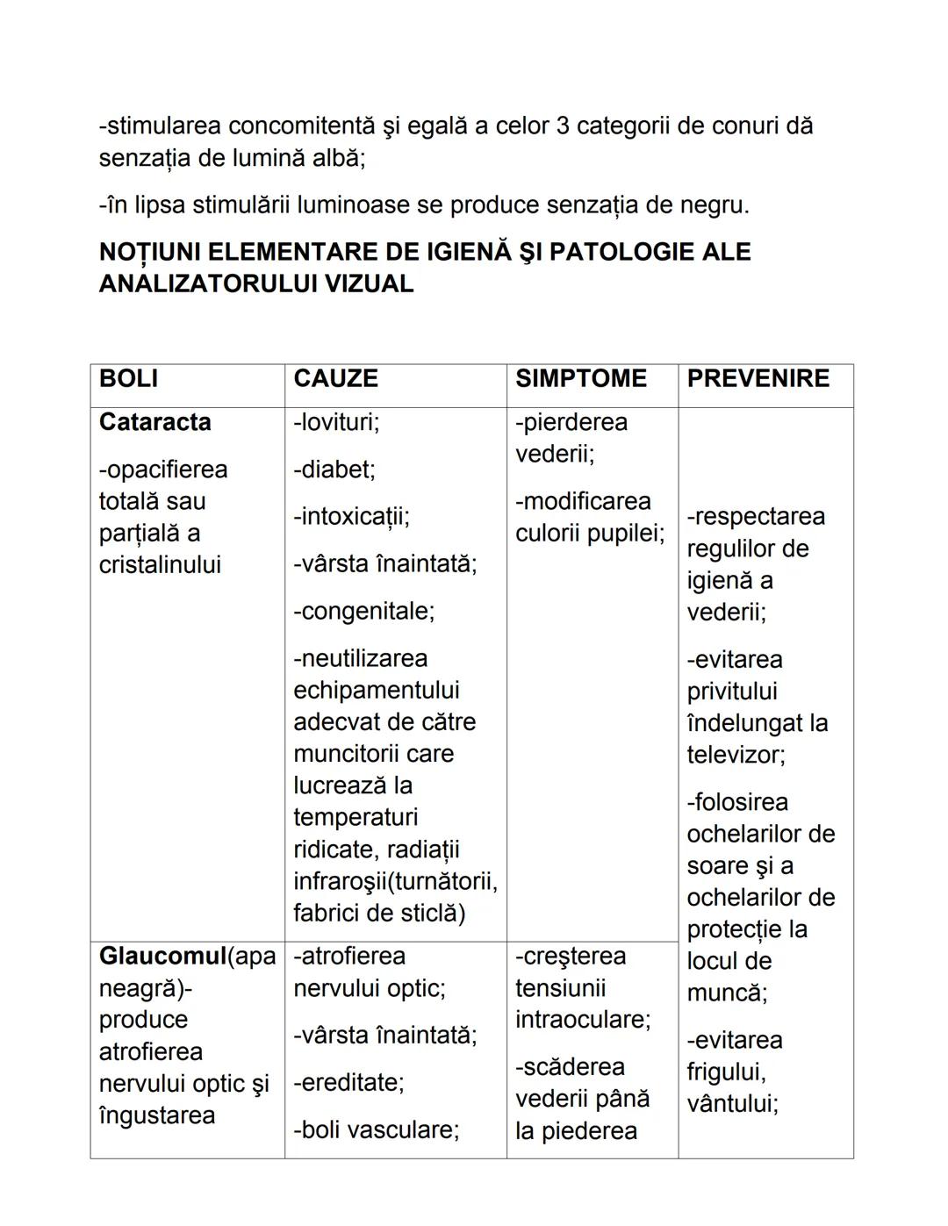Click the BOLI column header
tap(128, 378)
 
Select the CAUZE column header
tap(335, 378)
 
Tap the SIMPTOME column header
tap(580, 378)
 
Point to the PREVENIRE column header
tap(758, 378)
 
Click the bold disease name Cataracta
tap(154, 422)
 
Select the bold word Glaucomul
tap(162, 956)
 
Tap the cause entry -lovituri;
tap(336, 422)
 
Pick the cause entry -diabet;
tap(334, 470)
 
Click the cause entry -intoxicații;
tap(351, 516)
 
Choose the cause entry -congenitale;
tap(363, 611)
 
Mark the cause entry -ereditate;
tap(348, 1082)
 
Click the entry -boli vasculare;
tap(376, 1129)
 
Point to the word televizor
tap(735, 755)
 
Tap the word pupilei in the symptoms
tap(628, 533)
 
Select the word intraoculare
tap(582, 1020)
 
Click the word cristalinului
tap(160, 564)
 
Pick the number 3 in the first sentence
tap(564, 125)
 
